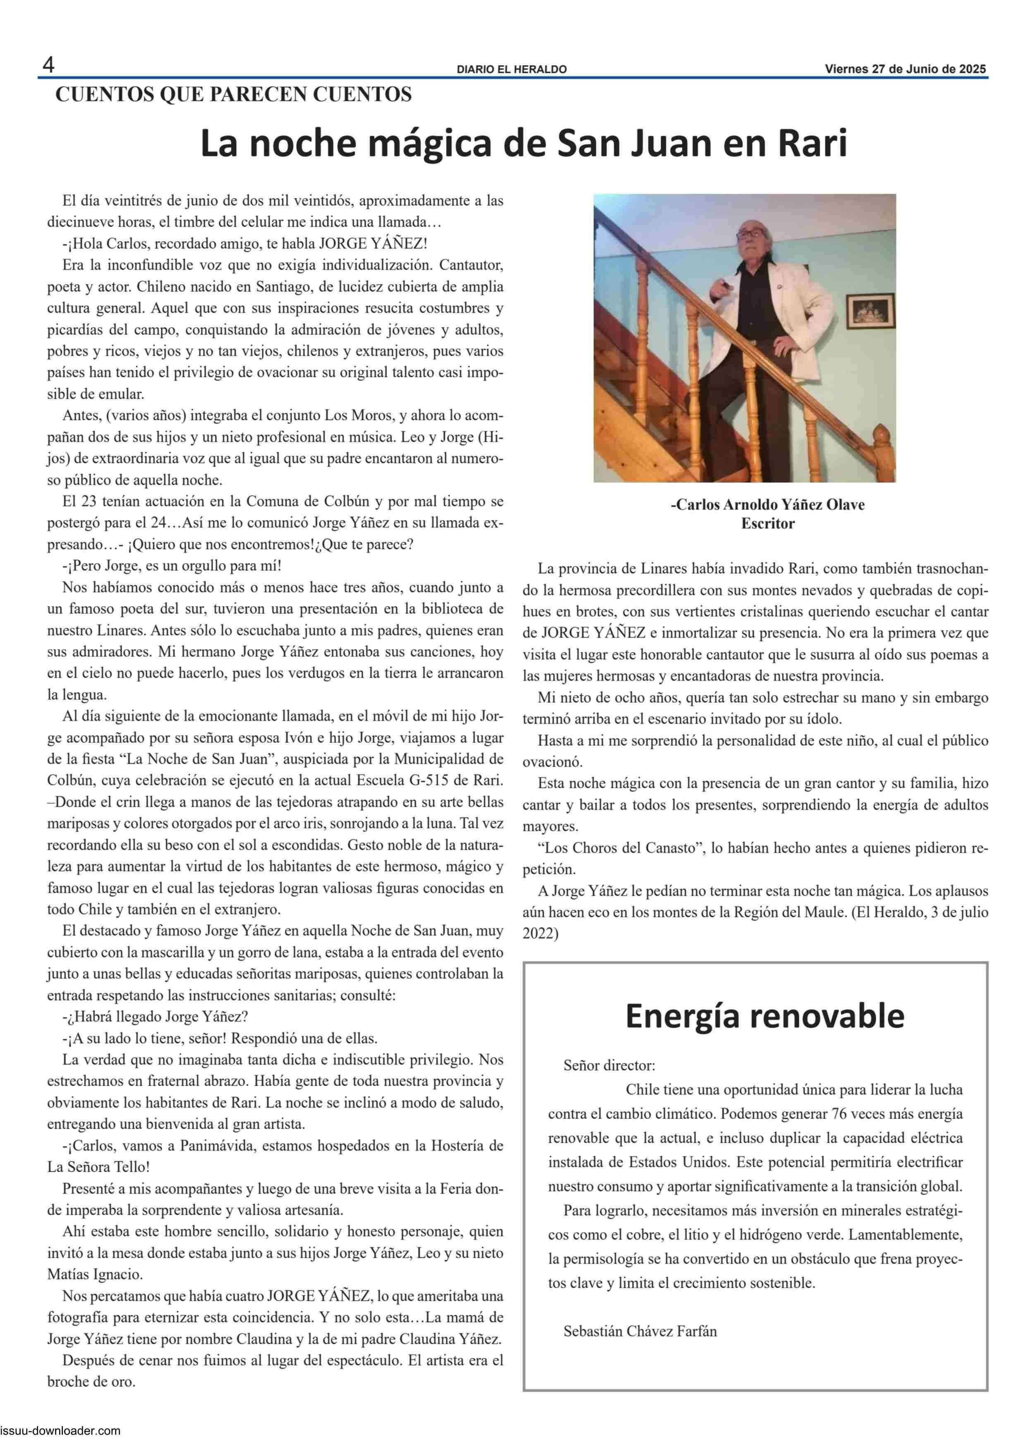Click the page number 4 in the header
coord(48,65)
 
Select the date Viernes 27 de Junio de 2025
coord(905,70)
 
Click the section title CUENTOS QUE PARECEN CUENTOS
coord(233,95)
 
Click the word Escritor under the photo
coord(767,524)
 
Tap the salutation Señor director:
coord(609,1065)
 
